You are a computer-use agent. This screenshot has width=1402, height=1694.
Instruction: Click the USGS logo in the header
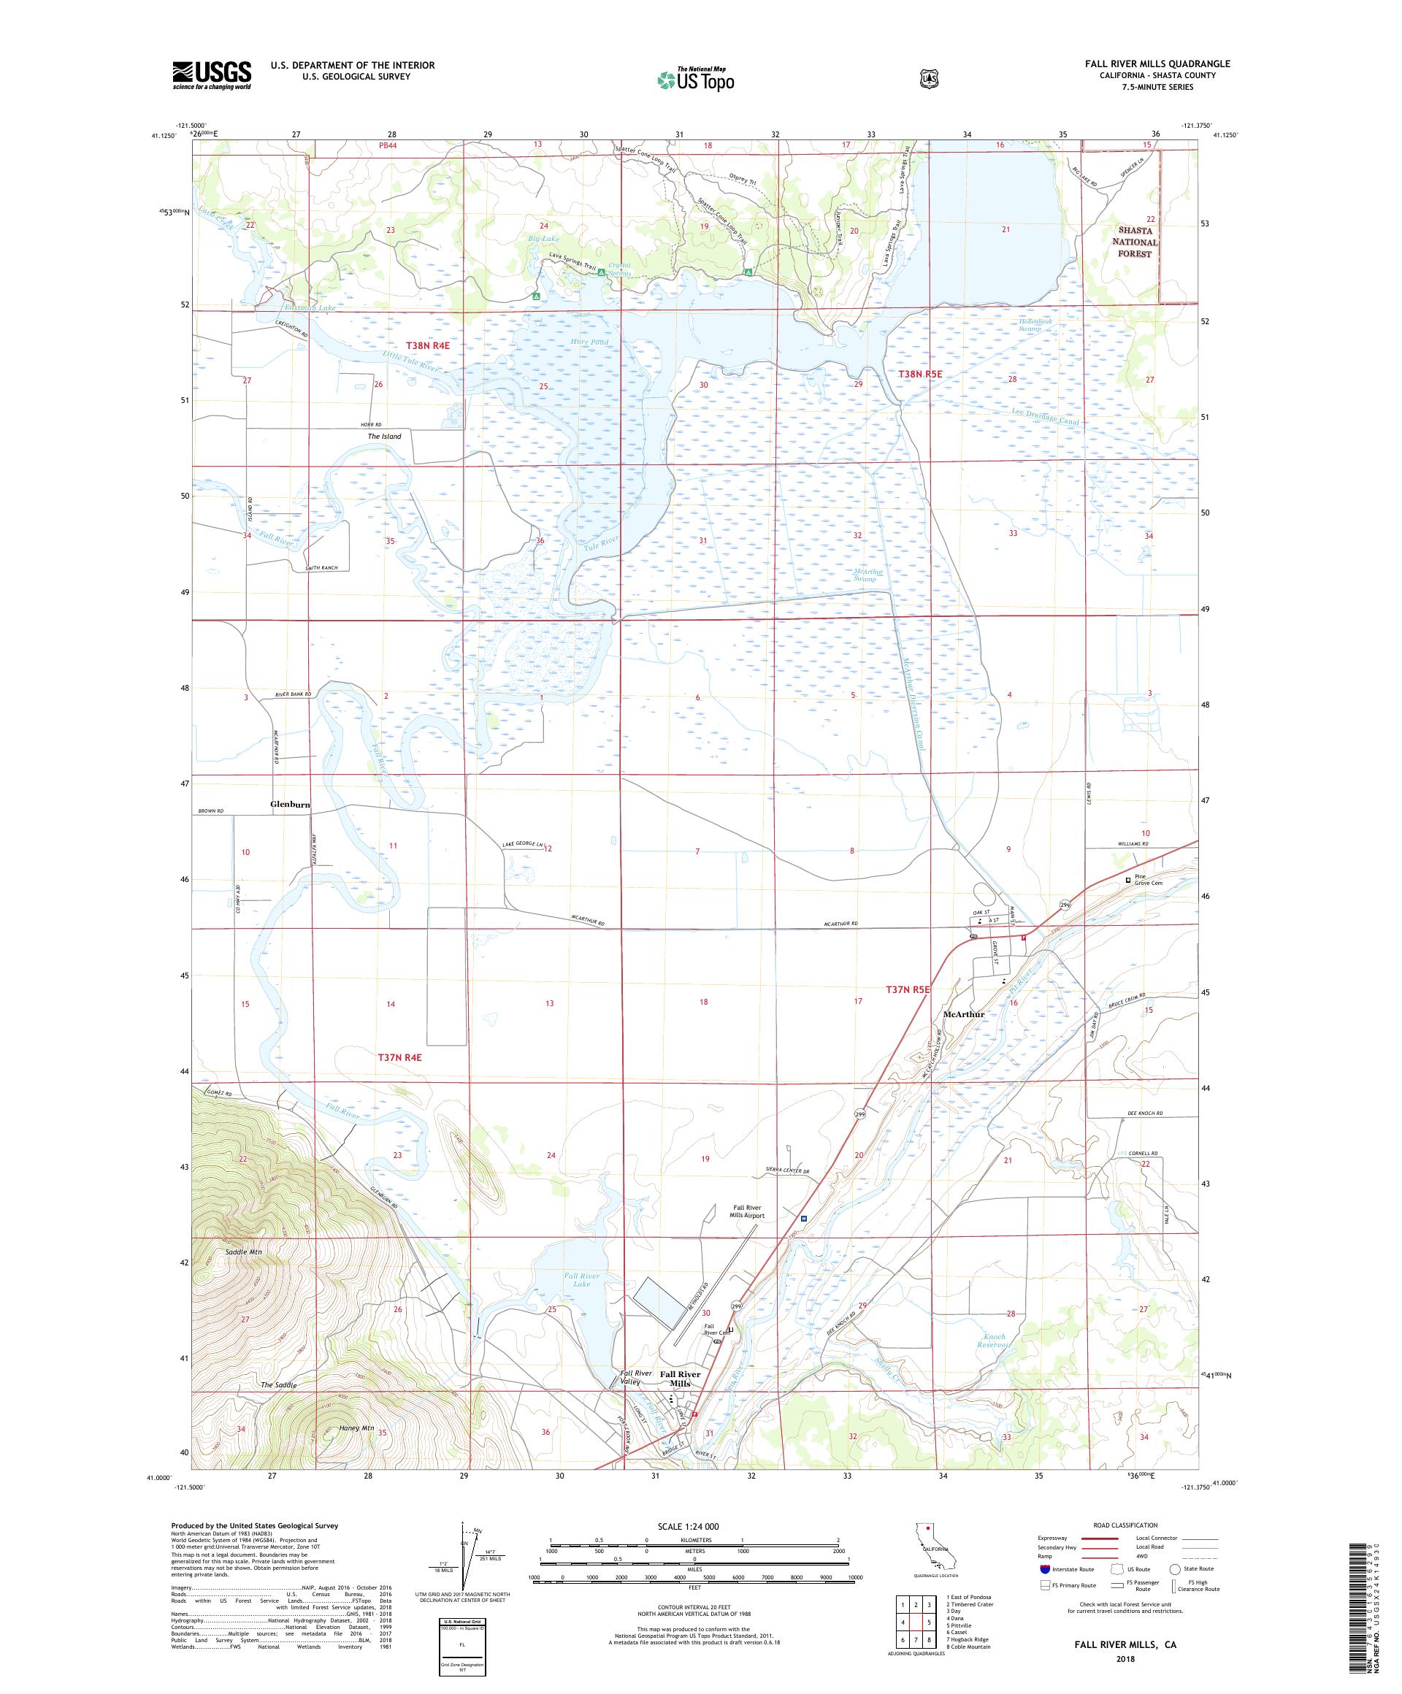(x=211, y=76)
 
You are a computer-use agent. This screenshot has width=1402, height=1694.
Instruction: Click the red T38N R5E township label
(x=919, y=375)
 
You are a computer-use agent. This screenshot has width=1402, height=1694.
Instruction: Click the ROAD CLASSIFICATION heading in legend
(x=1125, y=1525)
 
